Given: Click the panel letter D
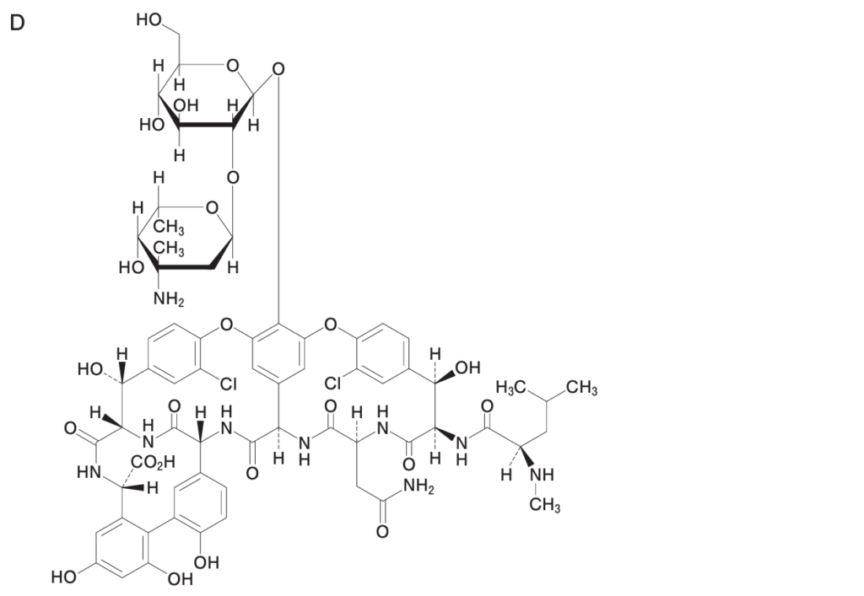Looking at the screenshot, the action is pyautogui.click(x=17, y=23).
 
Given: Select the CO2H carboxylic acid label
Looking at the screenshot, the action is pyautogui.click(x=153, y=462).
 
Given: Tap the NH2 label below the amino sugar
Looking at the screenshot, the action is pyautogui.click(x=169, y=299).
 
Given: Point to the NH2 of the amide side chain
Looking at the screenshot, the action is pyautogui.click(x=418, y=487).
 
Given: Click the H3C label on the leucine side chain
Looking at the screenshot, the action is pyautogui.click(x=510, y=387).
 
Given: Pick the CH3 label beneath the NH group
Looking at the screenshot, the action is pyautogui.click(x=545, y=505).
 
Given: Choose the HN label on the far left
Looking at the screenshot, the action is pyautogui.click(x=88, y=471).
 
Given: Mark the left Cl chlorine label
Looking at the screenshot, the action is pyautogui.click(x=228, y=384).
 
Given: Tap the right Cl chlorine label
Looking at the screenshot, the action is pyautogui.click(x=333, y=383).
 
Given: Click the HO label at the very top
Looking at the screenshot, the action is pyautogui.click(x=148, y=20).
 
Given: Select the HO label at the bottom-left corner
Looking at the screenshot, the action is pyautogui.click(x=64, y=577).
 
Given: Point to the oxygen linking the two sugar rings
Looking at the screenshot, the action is pyautogui.click(x=233, y=177).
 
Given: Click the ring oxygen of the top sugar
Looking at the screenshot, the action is pyautogui.click(x=233, y=66).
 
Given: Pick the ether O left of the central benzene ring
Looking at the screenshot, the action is pyautogui.click(x=226, y=325).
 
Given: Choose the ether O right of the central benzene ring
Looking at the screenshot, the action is pyautogui.click(x=330, y=325).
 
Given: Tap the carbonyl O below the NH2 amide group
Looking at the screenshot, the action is pyautogui.click(x=382, y=532).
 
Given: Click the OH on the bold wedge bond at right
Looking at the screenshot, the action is pyautogui.click(x=467, y=367).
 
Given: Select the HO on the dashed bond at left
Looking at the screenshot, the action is pyautogui.click(x=90, y=368).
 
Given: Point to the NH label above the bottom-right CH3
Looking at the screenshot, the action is pyautogui.click(x=542, y=475).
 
